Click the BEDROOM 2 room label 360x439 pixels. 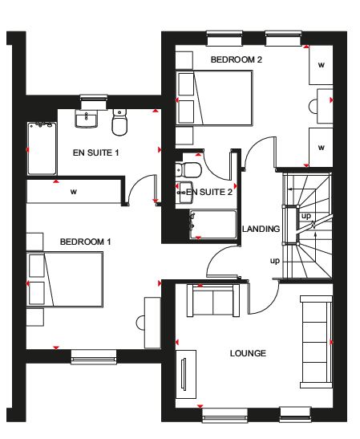(237, 59)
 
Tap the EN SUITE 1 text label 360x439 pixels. (95, 152)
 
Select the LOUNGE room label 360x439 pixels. (248, 353)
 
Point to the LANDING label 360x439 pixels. (261, 229)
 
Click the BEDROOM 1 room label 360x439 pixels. (85, 242)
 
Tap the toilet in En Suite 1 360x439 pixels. (119, 122)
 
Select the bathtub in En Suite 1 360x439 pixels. (42, 148)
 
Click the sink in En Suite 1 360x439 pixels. (86, 119)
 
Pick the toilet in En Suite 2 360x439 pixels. (188, 169)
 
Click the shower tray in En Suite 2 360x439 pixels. (213, 225)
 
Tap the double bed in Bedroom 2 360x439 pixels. (214, 98)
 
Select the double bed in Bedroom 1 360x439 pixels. (65, 279)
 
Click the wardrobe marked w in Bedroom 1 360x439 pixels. (74, 192)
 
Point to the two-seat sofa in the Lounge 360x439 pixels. (213, 301)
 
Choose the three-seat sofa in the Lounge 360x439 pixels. (317, 342)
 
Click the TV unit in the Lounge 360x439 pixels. (186, 374)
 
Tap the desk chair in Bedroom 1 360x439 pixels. (140, 323)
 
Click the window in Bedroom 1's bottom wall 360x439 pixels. (94, 356)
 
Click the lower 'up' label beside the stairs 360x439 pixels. (275, 261)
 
